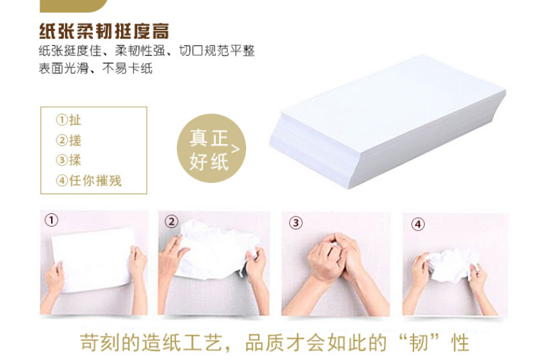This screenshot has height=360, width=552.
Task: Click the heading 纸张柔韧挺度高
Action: click(x=104, y=31)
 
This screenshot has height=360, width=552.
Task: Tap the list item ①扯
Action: click(x=69, y=120)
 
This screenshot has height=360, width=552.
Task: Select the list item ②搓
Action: click(x=69, y=140)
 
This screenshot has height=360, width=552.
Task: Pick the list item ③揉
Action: click(x=69, y=160)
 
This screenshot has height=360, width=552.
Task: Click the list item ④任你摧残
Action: click(x=89, y=181)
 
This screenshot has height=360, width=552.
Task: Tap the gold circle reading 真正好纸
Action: click(x=211, y=148)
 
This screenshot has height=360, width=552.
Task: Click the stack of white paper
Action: click(x=387, y=122)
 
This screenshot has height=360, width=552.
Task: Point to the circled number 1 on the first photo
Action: click(x=51, y=220)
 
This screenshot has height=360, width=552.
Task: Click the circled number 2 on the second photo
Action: click(x=171, y=221)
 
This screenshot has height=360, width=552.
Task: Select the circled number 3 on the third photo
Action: click(x=296, y=223)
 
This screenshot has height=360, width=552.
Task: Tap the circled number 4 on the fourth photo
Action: click(x=418, y=224)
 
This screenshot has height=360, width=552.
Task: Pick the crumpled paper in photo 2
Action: click(x=216, y=250)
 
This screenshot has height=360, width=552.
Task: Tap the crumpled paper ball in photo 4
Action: click(x=452, y=265)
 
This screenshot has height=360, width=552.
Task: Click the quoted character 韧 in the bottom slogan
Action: click(x=419, y=343)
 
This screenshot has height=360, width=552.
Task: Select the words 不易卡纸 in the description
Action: click(x=128, y=68)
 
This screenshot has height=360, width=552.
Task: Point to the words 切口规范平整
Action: click(x=217, y=50)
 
